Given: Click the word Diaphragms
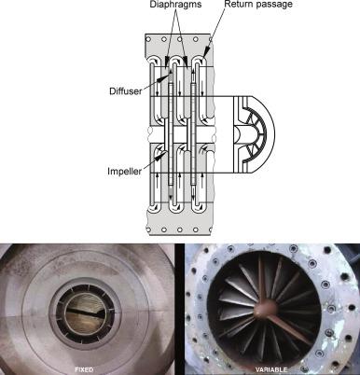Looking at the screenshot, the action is click(175, 5).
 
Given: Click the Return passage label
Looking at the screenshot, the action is click(258, 4).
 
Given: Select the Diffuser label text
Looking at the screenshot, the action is click(126, 91).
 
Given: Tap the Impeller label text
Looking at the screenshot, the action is click(124, 171).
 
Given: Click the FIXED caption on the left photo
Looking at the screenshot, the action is click(84, 369).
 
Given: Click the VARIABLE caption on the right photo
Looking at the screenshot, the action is click(271, 369).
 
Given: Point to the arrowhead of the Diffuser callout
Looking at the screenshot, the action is click(164, 76).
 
